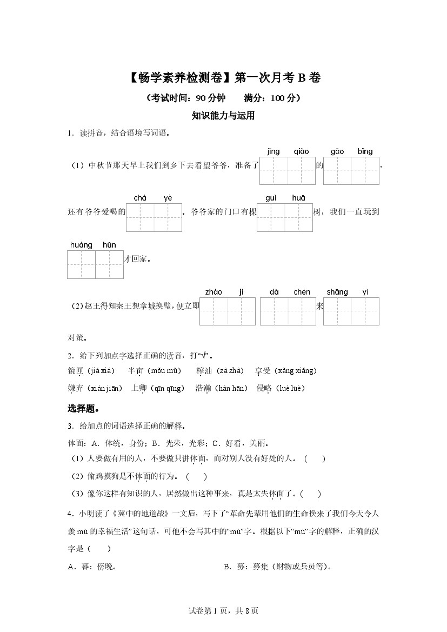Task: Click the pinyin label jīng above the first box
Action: [x=273, y=151]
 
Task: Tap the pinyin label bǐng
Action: [x=365, y=151]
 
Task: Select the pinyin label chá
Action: [x=140, y=198]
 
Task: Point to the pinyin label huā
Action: [x=298, y=198]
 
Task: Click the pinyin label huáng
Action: [x=81, y=245]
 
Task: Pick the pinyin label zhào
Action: [x=214, y=292]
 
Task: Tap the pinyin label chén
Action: [x=302, y=292]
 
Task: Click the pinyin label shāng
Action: [x=337, y=292]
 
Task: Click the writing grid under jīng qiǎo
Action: [x=288, y=171]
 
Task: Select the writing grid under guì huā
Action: [x=285, y=217]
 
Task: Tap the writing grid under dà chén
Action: [x=288, y=311]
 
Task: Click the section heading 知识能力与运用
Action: [x=223, y=115]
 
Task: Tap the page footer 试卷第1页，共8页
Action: [x=223, y=611]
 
